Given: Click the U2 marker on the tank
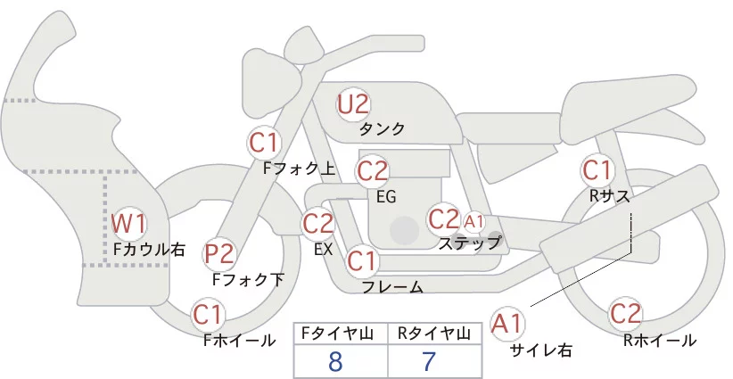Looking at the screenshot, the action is (x=352, y=104).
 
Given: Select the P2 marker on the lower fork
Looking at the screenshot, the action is (x=219, y=255).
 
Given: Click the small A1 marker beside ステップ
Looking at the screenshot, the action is (x=474, y=220).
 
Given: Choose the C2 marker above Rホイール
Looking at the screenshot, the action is (x=625, y=314).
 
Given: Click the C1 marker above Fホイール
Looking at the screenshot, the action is (x=209, y=315).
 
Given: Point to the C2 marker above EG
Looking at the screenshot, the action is (x=372, y=169).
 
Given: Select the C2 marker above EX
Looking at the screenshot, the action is (x=318, y=223).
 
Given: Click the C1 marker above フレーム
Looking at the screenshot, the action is (x=362, y=261).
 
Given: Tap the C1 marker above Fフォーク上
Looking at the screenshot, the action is (x=265, y=141).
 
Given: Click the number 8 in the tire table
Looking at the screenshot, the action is (x=335, y=362).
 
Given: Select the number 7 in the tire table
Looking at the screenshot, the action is (x=428, y=362).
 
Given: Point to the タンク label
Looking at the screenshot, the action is (x=383, y=129).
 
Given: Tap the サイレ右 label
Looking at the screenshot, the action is (x=541, y=350).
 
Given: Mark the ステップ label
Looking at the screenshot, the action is (x=470, y=242).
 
